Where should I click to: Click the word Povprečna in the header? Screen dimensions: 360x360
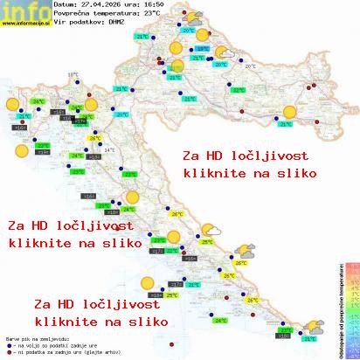coord(73,15)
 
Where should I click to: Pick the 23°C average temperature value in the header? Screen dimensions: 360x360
coord(153,15)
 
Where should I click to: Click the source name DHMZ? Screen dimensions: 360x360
coord(116,24)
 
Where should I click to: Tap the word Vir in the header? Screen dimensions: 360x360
coord(59,24)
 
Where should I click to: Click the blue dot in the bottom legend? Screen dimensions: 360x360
coord(9,347)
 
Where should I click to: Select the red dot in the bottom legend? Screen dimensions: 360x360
coord(9,354)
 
